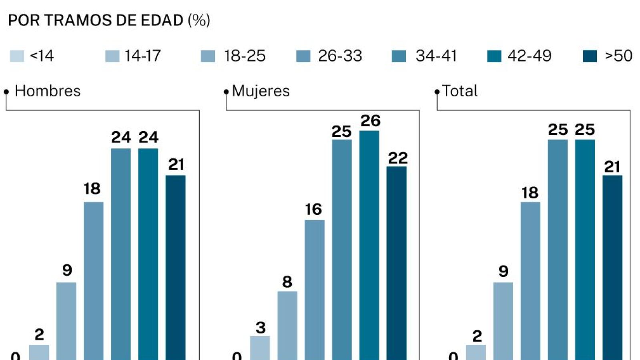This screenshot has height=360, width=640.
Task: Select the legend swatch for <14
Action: coord(17,56)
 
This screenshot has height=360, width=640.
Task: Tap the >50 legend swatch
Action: coord(590,56)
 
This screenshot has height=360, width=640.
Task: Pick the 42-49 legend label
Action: coord(529,56)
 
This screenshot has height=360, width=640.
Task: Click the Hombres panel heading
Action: coord(48,91)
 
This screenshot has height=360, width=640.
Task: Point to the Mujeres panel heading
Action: coord(261,91)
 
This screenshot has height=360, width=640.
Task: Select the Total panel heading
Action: coord(459,91)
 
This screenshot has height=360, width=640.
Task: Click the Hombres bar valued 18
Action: coord(94,280)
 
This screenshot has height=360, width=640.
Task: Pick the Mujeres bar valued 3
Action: coord(260,348)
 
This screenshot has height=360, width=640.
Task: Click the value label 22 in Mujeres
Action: coord(397,158)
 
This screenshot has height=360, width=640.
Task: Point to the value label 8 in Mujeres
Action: coord(287,282)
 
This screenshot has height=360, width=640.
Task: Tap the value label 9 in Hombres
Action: coord(67,270)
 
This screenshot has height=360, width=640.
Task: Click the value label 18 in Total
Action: coord(530,193)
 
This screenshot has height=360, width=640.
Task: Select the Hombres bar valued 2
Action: coord(39,352)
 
